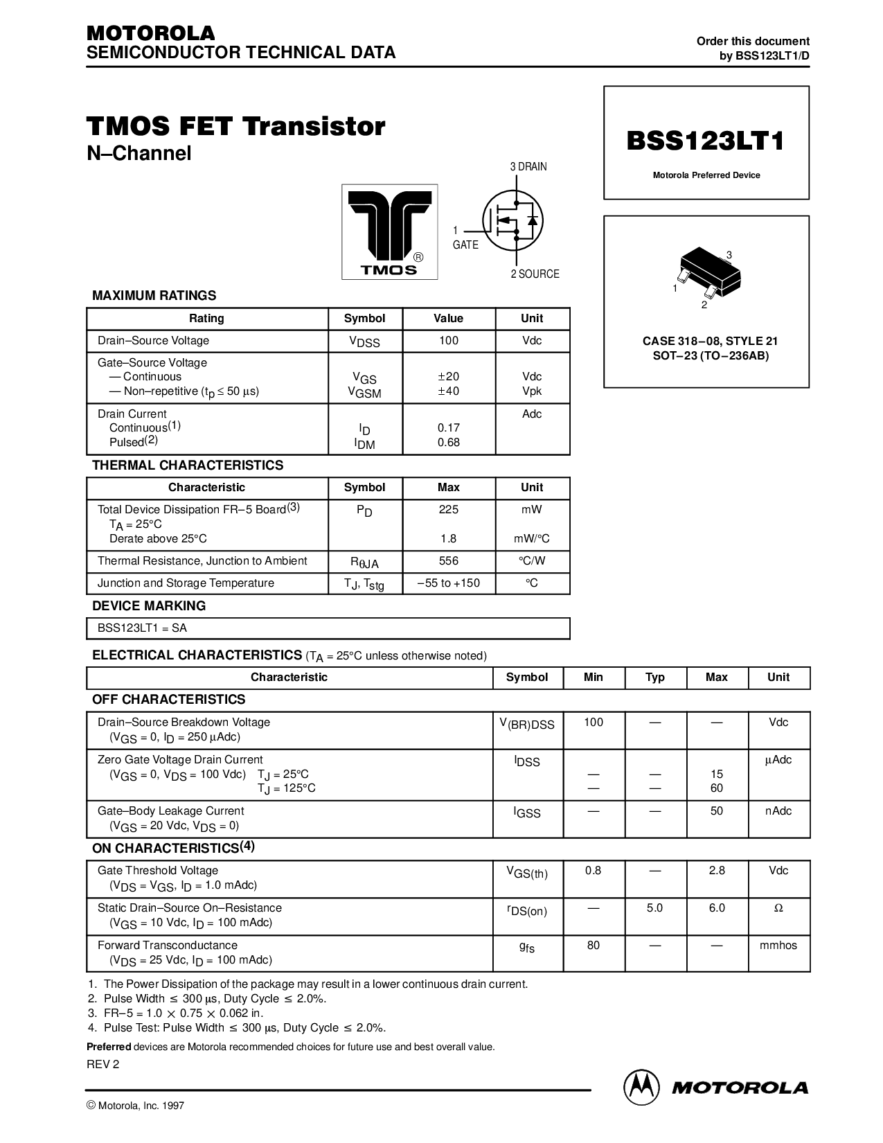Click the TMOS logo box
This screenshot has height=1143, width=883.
coord(389,231)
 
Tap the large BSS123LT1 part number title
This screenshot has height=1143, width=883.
coord(706,141)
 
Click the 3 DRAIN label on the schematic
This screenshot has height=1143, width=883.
coord(528,167)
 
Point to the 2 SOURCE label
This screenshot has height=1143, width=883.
coord(535,274)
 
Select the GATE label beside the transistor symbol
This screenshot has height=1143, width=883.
coord(465,245)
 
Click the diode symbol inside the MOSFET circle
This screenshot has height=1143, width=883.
coord(532,220)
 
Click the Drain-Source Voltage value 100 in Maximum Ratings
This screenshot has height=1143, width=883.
coord(449,340)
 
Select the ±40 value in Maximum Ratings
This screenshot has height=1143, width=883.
coord(449,391)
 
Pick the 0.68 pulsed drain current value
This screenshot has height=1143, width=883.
coord(449,443)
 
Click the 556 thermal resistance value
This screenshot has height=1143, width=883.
coord(449,560)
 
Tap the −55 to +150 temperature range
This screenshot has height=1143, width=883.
coord(449,583)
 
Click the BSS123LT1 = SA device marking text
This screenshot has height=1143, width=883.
coord(142,628)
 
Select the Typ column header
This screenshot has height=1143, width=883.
coord(654,677)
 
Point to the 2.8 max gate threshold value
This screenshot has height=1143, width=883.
coord(717,871)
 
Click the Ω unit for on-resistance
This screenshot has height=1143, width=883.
coord(778,908)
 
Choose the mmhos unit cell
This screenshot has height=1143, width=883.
coord(778,945)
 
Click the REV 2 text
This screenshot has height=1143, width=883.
coord(103,1065)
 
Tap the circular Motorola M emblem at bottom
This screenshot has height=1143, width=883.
coord(641,1088)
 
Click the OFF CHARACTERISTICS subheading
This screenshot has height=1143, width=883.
coord(169,699)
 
